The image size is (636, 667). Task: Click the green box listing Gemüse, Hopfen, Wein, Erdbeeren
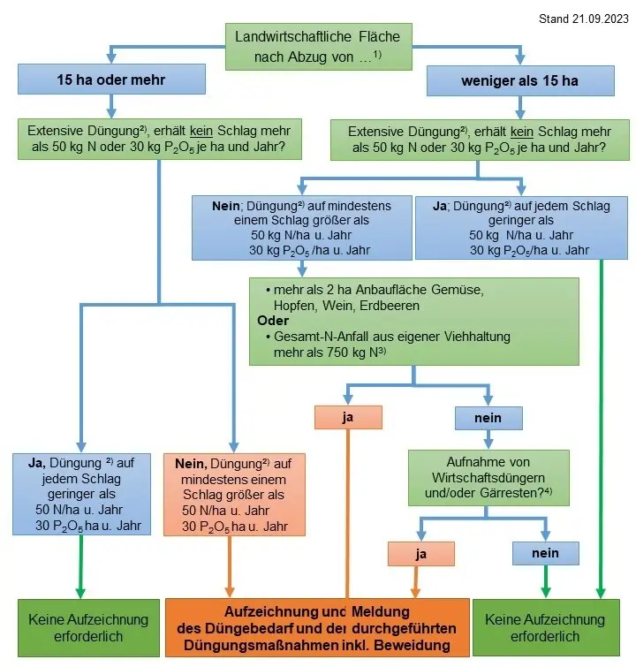[x=413, y=321]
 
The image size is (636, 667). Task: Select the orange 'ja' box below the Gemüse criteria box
[x=347, y=417]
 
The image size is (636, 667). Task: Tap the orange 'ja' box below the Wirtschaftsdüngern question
[x=420, y=554]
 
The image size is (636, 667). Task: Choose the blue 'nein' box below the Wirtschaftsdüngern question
[x=546, y=554]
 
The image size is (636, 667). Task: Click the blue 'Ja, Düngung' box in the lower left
[x=82, y=494]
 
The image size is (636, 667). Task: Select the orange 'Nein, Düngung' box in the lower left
[x=234, y=494]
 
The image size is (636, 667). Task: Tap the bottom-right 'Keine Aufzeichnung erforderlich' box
[x=544, y=628]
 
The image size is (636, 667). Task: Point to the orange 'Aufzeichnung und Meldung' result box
[x=317, y=628]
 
